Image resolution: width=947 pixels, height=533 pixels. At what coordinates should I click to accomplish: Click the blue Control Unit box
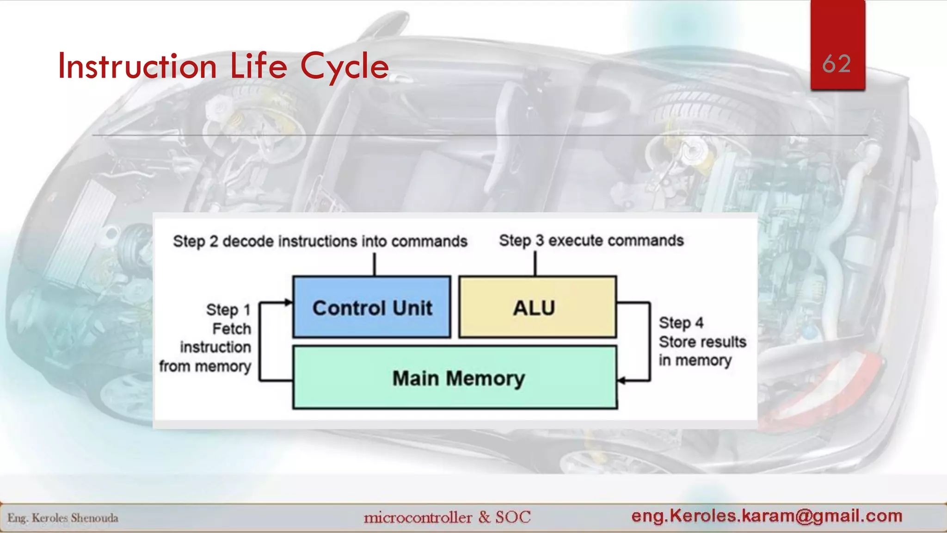(x=372, y=307)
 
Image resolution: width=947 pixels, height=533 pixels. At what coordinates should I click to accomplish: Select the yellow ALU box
(x=537, y=307)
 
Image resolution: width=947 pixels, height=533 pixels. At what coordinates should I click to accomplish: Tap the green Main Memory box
(x=455, y=378)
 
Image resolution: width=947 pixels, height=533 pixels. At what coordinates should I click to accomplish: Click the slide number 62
(x=837, y=64)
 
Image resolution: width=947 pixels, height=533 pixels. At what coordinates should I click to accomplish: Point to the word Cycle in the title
(x=344, y=66)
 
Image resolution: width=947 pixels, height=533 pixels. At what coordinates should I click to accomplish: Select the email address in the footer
(x=767, y=515)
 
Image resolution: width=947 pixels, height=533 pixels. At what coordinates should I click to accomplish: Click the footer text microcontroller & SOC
(x=447, y=517)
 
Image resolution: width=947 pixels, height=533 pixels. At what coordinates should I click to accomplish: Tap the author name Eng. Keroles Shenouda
(x=63, y=518)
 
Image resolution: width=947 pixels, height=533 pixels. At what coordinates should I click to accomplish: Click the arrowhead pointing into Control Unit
(x=289, y=303)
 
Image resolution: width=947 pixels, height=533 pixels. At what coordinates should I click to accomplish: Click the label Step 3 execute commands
(x=591, y=241)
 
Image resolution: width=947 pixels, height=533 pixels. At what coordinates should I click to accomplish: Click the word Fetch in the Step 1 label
(x=232, y=328)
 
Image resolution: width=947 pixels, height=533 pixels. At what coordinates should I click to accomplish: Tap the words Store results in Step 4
(x=702, y=342)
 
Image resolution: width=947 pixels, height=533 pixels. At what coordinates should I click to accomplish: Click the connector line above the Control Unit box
(x=375, y=264)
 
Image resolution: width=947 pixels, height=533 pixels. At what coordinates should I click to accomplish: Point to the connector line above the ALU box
(x=535, y=264)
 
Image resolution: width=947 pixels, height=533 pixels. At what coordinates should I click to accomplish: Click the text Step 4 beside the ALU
(x=681, y=322)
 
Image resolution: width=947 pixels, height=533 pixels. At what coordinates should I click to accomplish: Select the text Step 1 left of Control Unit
(x=228, y=310)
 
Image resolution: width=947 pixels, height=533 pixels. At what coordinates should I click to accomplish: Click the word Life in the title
(x=258, y=66)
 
